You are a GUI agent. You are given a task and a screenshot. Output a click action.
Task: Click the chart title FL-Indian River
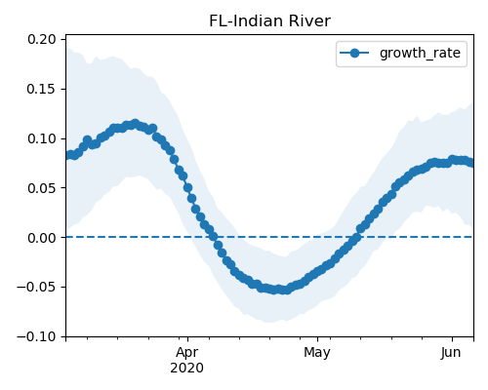pos(269,21)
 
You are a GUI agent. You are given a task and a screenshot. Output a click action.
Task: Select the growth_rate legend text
pos(420,54)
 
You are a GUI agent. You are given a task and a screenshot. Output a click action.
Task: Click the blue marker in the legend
pos(354,53)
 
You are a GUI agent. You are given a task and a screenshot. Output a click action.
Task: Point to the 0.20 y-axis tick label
pos(42,39)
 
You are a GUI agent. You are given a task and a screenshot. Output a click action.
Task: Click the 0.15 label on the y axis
pos(42,89)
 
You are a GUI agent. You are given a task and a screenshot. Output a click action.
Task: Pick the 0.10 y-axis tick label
pos(42,138)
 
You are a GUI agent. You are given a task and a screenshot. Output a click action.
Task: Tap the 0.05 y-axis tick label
pos(42,188)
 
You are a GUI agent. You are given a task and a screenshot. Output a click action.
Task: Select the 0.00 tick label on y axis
pos(42,238)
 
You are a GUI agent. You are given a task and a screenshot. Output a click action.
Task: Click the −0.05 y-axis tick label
pos(36,288)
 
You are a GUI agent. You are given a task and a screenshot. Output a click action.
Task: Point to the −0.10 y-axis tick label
pos(36,336)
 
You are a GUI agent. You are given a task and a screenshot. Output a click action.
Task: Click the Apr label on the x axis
pos(187,353)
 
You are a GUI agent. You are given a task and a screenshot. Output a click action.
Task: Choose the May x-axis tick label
pos(317,353)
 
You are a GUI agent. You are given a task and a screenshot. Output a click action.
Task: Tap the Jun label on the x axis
pos(451,352)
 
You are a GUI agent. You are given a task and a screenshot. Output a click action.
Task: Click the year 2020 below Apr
pos(187,369)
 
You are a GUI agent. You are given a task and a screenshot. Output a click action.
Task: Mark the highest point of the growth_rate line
pos(136,124)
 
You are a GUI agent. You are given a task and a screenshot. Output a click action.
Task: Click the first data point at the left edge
pos(67,155)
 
